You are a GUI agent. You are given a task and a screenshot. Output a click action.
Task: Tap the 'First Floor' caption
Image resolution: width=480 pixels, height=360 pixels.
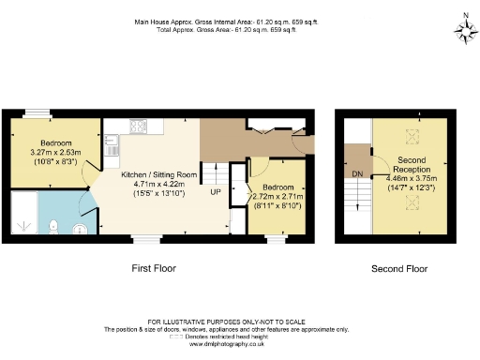[155, 268]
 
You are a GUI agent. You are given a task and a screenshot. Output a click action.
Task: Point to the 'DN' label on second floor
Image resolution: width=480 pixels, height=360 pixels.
[357, 174]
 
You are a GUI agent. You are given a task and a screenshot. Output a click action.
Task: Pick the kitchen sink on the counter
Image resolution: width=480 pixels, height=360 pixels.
[112, 146]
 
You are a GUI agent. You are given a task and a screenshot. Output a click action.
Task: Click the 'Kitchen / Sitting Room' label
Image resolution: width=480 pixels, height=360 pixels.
[158, 174]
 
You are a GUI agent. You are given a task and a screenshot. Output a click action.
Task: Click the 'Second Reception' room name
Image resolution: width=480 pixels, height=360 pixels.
[411, 165]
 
